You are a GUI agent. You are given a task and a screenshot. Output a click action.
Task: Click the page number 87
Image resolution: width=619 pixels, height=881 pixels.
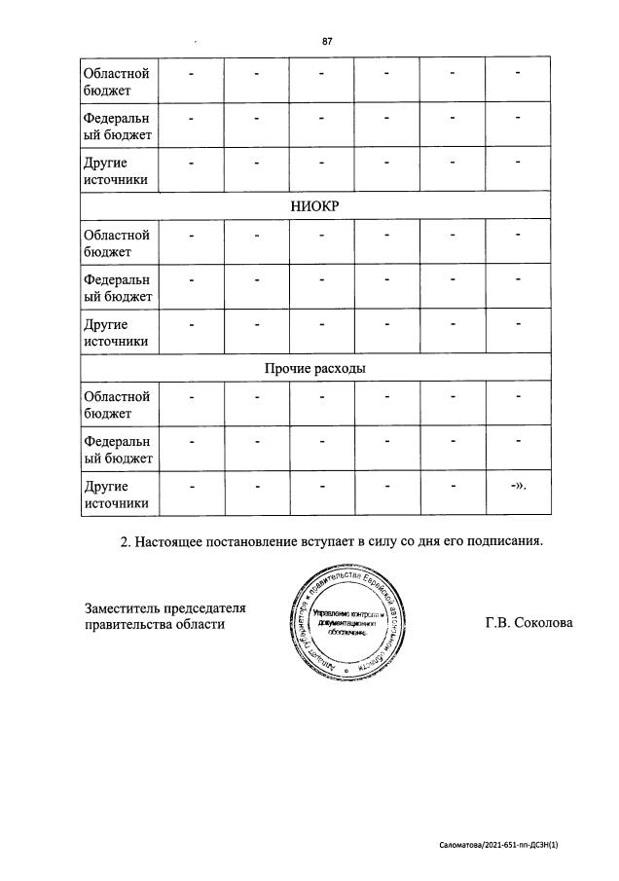(x=328, y=41)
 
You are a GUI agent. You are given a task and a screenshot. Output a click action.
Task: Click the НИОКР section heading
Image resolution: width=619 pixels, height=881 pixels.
(x=315, y=205)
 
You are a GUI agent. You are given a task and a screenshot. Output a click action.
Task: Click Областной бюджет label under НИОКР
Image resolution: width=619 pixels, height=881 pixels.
(x=117, y=243)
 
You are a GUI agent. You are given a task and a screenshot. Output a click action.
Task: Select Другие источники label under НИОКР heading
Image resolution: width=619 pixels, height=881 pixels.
(x=117, y=333)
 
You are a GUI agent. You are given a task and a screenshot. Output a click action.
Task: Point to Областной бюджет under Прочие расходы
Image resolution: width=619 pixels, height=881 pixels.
(x=117, y=405)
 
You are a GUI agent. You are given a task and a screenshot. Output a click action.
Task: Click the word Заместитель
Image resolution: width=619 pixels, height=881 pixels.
(x=124, y=608)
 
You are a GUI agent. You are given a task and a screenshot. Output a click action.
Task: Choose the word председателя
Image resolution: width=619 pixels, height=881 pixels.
(x=205, y=608)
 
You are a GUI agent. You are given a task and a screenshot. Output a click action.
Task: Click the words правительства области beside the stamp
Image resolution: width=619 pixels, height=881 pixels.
(x=155, y=625)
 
